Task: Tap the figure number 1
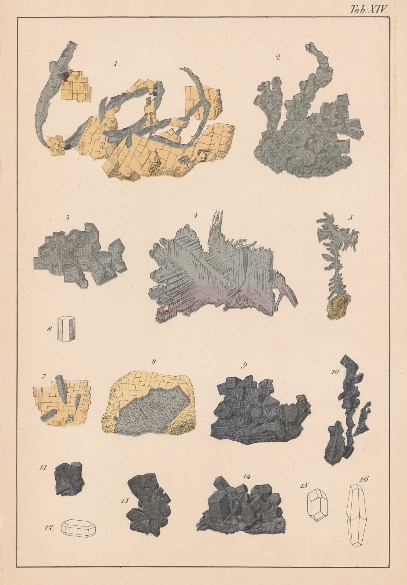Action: coord(115,64)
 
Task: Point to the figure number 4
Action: coord(196,215)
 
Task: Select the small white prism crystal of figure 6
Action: coord(66,329)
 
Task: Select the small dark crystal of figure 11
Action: coord(69,479)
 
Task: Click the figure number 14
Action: coord(246,476)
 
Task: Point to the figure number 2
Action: coord(278,57)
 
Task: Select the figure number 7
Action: coord(44,376)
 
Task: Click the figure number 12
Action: coord(49,528)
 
